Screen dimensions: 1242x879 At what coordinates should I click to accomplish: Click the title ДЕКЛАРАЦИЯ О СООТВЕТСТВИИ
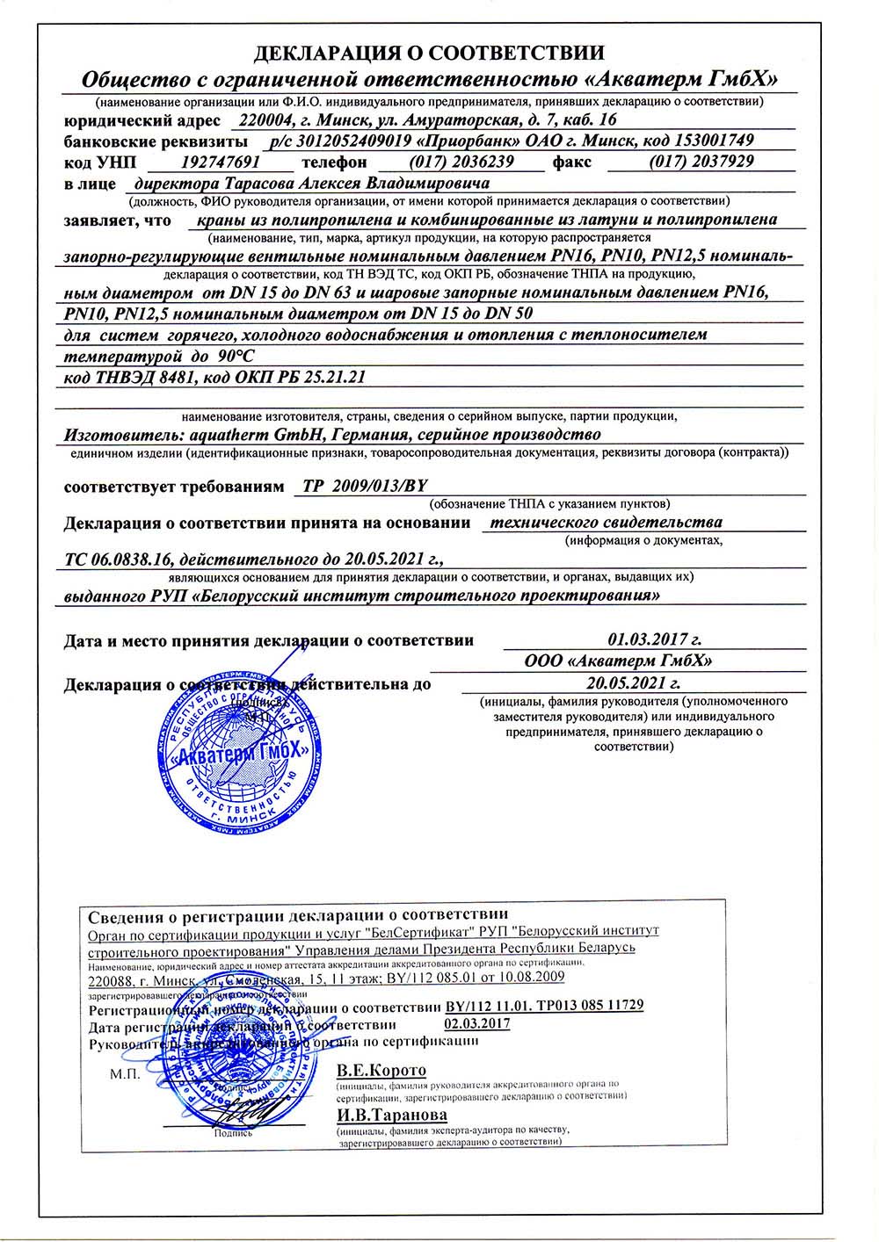429,54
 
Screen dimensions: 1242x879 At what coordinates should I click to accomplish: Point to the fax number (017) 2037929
701,162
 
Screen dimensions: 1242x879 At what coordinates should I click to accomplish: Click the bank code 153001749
713,141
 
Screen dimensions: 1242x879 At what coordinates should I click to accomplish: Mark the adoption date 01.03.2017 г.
655,639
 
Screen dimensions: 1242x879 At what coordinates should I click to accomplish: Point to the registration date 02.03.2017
477,1023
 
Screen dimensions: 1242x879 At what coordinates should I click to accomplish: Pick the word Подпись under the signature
233,1133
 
